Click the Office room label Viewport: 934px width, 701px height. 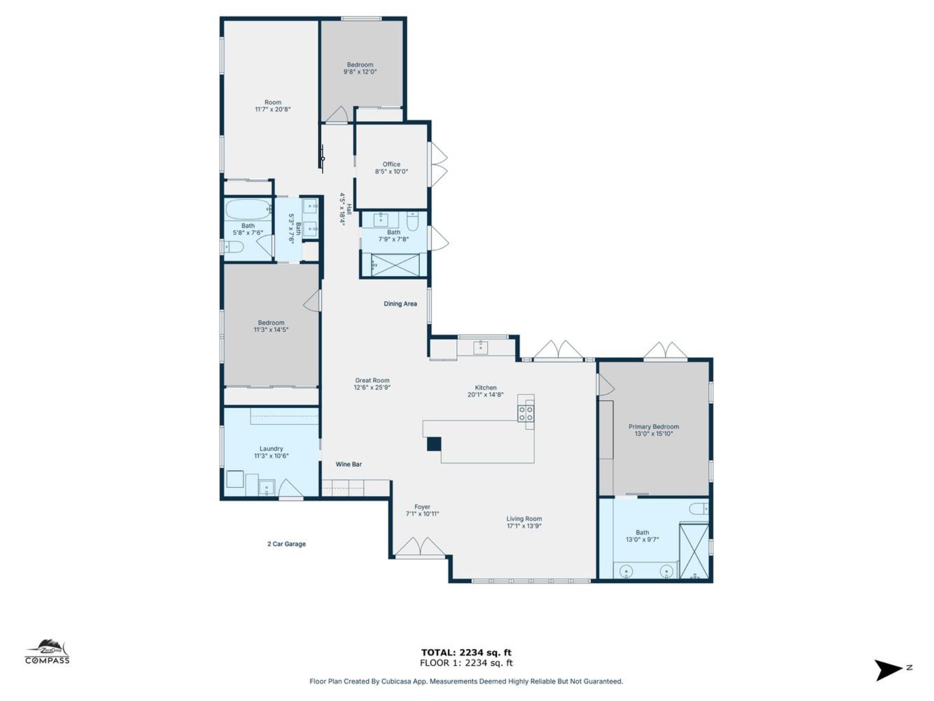[391, 164]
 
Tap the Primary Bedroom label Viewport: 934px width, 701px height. [653, 426]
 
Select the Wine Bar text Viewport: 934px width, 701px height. [348, 464]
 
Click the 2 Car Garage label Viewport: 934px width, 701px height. [286, 544]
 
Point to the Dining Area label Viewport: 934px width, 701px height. [400, 303]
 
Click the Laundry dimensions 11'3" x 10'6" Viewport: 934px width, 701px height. [271, 456]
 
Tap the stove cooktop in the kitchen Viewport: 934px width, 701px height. [526, 413]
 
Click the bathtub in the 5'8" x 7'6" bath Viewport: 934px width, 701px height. [247, 209]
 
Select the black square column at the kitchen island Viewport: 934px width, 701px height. [434, 444]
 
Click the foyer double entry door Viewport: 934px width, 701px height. [420, 548]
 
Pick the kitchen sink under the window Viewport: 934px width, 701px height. [480, 347]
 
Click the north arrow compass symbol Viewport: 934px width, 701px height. [888, 670]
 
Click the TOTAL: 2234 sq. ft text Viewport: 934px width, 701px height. [466, 653]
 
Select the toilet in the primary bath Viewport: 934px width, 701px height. [699, 509]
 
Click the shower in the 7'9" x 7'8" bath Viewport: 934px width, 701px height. [395, 265]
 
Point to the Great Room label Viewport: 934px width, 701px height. [372, 380]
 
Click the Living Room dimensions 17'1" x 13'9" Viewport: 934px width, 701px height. [524, 526]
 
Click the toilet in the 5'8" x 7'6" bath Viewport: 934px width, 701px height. [234, 247]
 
